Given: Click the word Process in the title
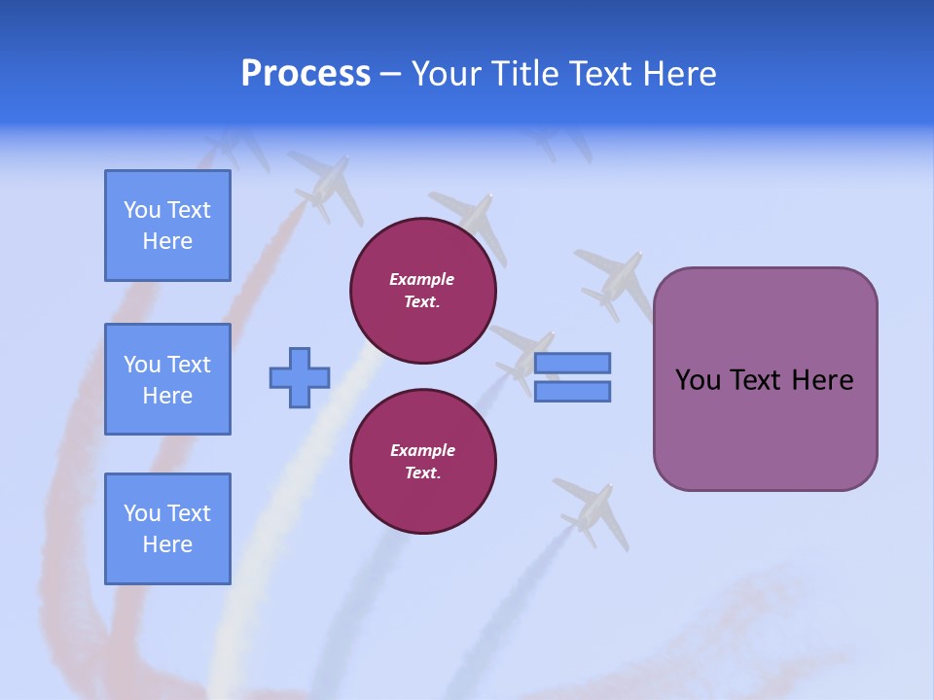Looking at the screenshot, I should tap(305, 73).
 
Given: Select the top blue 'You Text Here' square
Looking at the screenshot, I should tap(167, 226).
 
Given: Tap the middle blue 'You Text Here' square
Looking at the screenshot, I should tap(167, 379).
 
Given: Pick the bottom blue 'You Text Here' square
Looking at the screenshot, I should tap(167, 528).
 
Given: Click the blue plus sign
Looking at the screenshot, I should tap(300, 377).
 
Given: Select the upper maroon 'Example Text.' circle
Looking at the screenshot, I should tap(423, 291).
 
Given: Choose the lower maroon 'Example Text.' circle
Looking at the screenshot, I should tap(423, 462).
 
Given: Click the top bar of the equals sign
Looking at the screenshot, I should tap(572, 364).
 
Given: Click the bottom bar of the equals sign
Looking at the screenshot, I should tap(572, 391).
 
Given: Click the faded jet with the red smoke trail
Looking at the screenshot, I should tap(326, 185).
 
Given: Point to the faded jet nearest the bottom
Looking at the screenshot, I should tap(592, 510).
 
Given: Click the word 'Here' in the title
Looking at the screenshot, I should tap(678, 73).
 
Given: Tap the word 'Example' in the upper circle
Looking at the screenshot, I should tap(421, 279).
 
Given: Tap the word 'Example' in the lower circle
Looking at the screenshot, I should tap(422, 450).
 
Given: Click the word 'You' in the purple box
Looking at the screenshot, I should tap(698, 380).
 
